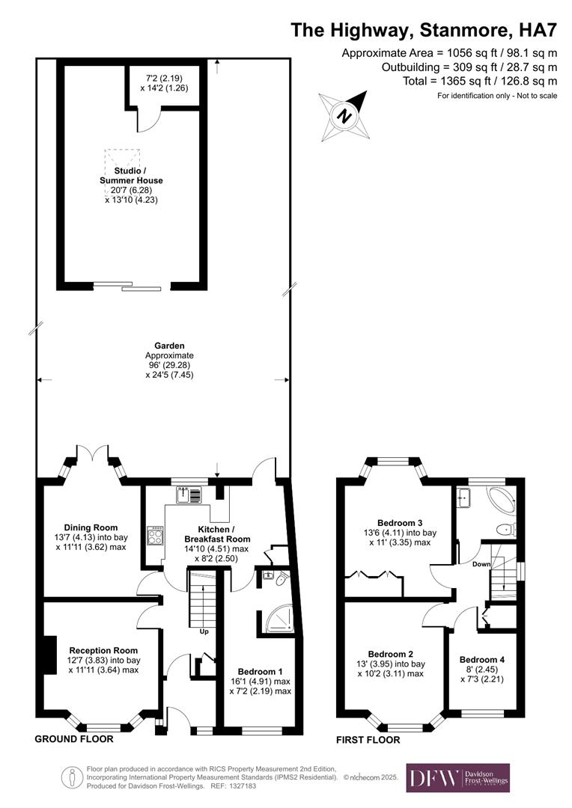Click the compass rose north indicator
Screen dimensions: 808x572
345,116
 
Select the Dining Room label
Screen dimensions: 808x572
80,527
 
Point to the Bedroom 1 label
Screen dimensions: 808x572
261,671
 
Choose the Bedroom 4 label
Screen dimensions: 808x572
481,659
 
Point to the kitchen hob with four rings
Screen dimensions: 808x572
155,535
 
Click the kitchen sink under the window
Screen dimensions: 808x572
189,495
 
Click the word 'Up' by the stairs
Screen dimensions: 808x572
204,631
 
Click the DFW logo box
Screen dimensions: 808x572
457,777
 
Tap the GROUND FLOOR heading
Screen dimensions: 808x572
74,739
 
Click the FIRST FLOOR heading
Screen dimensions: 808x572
368,740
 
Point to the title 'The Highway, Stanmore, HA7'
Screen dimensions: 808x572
424,31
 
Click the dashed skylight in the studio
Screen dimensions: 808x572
123,160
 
